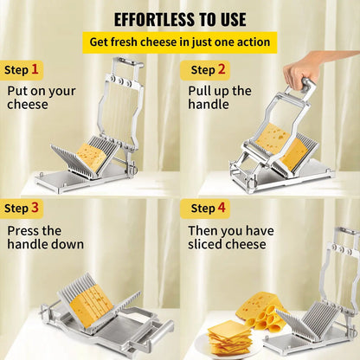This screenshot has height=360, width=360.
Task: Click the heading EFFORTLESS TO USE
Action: pos(180,19)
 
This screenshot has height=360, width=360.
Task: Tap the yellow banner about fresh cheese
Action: pos(180,42)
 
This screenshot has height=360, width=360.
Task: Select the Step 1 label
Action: pos(21,69)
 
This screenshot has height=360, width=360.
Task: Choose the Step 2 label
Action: pos(209,69)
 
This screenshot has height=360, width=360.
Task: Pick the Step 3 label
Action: pos(21,208)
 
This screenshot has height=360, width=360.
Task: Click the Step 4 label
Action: pos(209,208)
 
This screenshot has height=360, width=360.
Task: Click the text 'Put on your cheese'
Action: pos(41,97)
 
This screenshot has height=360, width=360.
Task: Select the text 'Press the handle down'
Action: pos(45,237)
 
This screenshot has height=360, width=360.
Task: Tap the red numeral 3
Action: pos(34,208)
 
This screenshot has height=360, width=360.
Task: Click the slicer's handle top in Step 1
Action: pos(127,62)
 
